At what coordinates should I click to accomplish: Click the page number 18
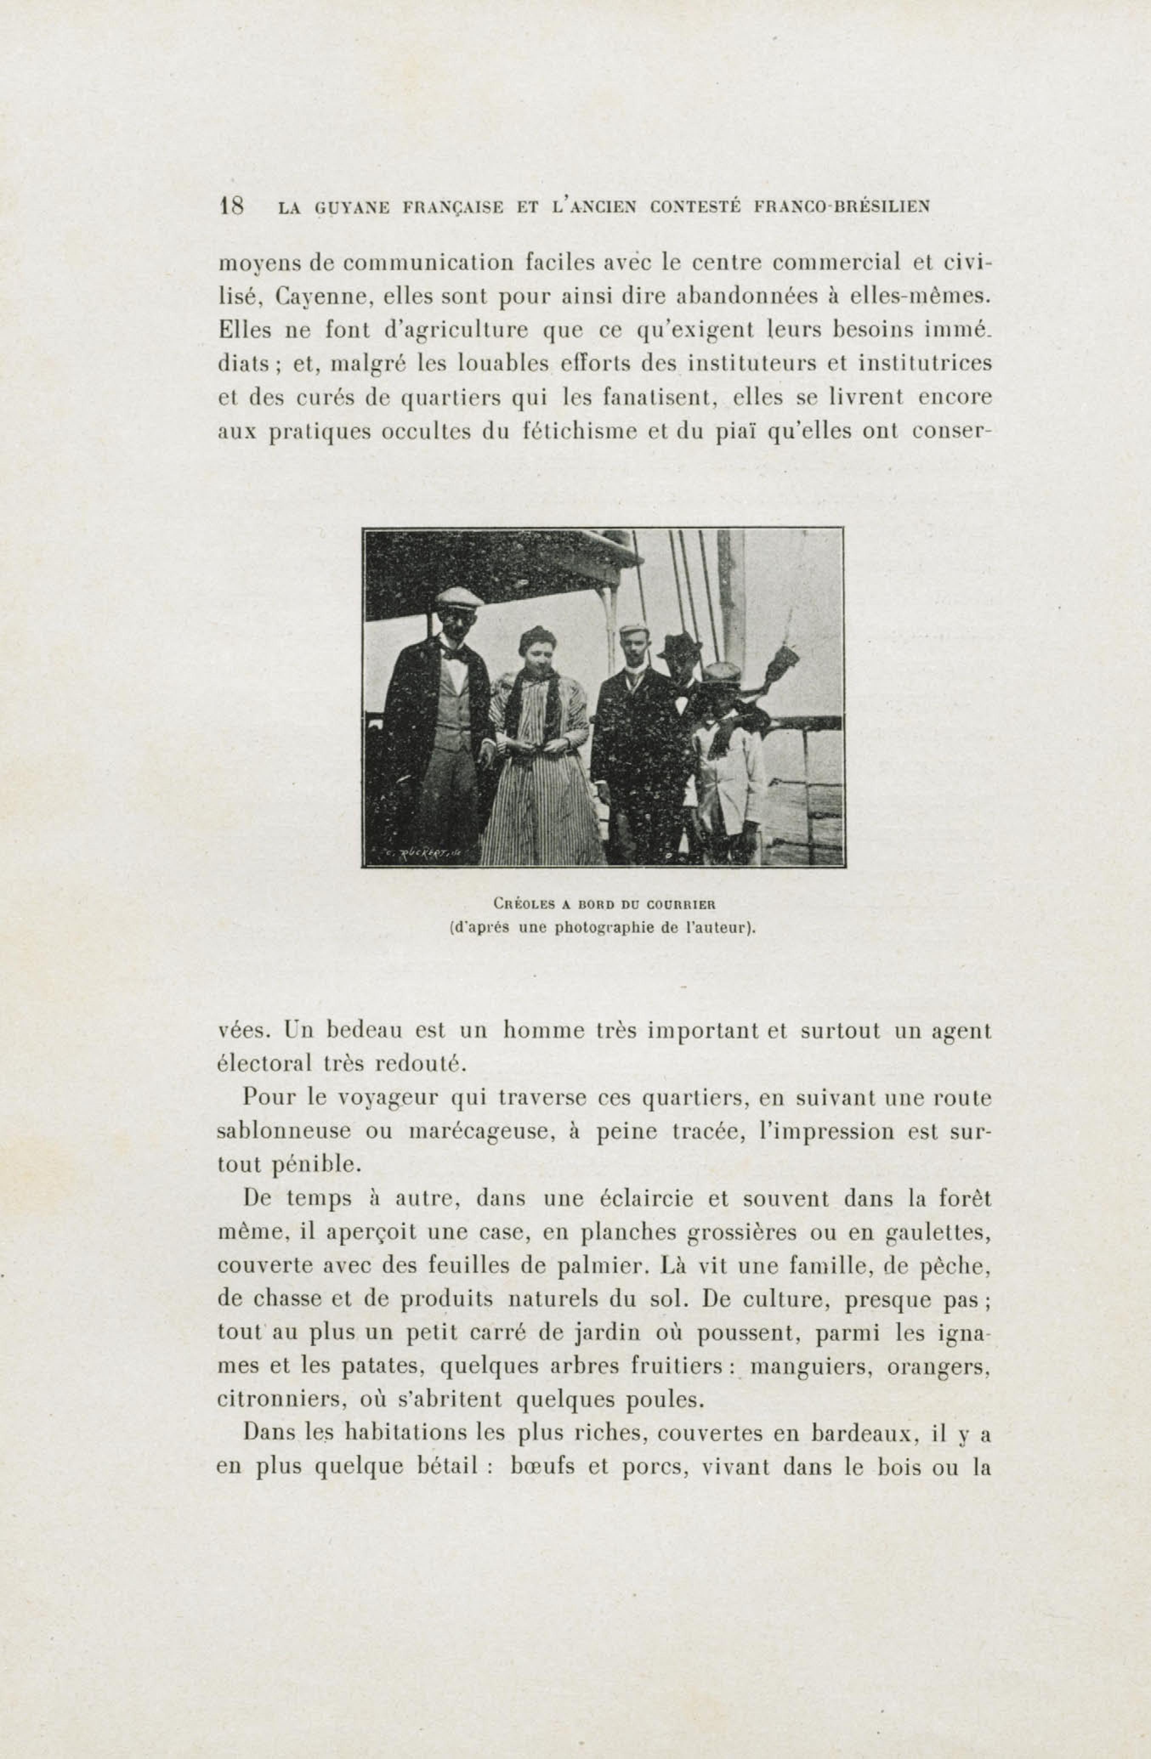tap(232, 206)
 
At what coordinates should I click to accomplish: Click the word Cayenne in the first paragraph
tap(321, 297)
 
